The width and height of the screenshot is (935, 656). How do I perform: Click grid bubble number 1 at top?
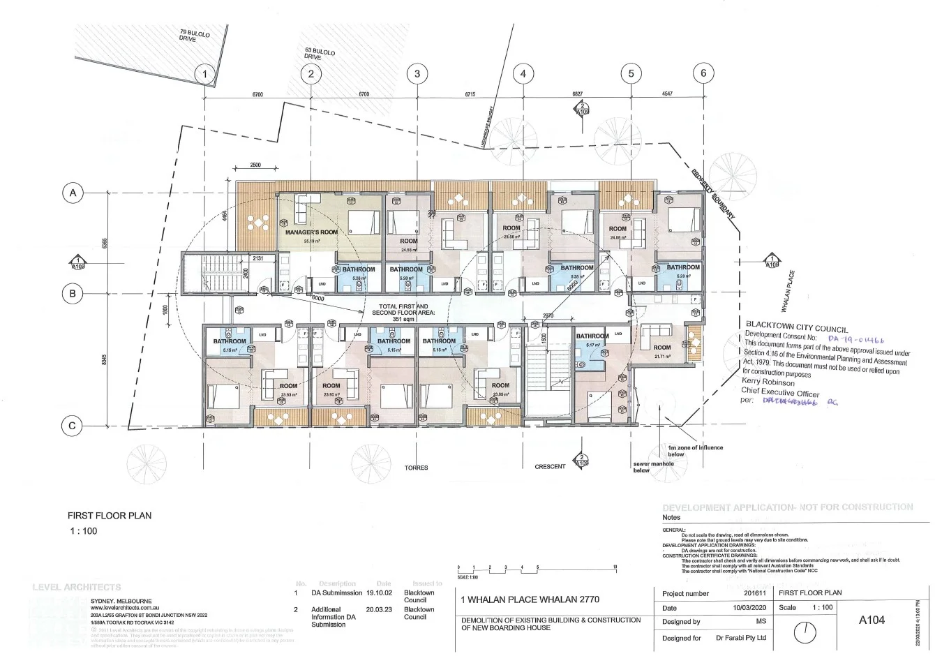click(204, 73)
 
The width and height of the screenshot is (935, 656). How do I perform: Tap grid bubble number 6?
click(703, 73)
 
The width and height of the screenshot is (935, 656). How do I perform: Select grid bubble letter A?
click(72, 192)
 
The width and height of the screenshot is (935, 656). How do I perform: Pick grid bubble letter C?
click(72, 425)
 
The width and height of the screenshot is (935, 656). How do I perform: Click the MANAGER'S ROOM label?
click(311, 232)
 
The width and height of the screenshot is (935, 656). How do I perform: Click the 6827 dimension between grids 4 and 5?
click(576, 94)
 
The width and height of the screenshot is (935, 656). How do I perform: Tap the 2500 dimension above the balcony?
click(255, 165)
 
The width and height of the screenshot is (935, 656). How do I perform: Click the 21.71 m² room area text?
click(661, 357)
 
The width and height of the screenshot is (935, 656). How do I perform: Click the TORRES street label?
click(416, 468)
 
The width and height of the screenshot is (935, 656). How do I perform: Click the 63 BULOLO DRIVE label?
click(320, 54)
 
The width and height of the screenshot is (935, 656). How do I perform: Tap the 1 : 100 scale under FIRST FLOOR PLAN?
click(84, 531)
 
